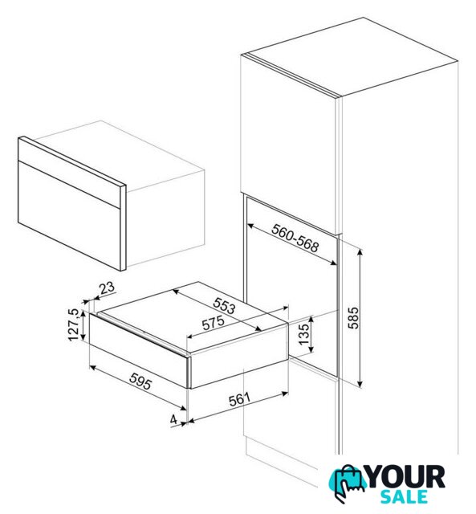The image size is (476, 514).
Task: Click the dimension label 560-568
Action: tap(295, 238)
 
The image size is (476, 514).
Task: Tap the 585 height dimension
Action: tap(353, 318)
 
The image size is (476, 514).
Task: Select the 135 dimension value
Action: tap(304, 334)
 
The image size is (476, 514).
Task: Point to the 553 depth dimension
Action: tap(225, 305)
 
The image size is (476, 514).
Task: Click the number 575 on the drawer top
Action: tap(213, 323)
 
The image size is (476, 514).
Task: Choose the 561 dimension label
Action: tap(239, 399)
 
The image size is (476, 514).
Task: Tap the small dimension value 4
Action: tap(173, 419)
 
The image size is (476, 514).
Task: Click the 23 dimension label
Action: tap(107, 288)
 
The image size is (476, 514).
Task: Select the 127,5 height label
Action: tap(74, 324)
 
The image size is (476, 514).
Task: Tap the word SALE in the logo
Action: tap(404, 496)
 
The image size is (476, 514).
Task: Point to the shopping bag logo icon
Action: tap(347, 483)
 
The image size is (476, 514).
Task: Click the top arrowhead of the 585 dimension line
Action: tap(360, 252)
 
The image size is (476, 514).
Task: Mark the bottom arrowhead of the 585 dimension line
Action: tap(360, 384)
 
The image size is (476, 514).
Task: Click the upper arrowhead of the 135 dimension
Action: tap(311, 319)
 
